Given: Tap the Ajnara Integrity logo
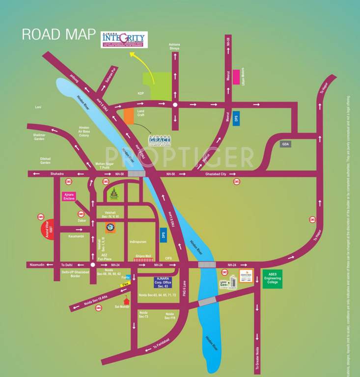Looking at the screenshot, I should [x=124, y=40].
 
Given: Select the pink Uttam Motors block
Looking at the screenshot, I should [x=236, y=77].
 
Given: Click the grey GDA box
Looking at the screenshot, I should [x=285, y=144].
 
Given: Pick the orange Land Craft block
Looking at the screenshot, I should [x=129, y=116].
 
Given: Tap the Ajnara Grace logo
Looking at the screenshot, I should [x=160, y=141].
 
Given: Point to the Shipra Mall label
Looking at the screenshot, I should [x=143, y=255].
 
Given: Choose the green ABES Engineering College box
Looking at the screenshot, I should [x=273, y=279].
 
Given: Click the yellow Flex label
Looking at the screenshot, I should [x=125, y=284].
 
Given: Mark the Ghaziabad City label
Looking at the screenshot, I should [x=216, y=174].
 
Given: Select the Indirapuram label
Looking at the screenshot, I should [x=138, y=242].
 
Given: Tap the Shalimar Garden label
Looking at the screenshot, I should [x=39, y=137].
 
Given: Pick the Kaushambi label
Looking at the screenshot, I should [x=76, y=236].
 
